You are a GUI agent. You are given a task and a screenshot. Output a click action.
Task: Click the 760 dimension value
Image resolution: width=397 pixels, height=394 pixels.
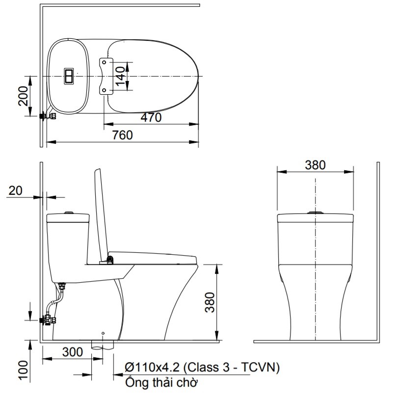coord(122,135)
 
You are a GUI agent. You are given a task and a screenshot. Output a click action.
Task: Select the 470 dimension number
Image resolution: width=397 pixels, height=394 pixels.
coord(151,118)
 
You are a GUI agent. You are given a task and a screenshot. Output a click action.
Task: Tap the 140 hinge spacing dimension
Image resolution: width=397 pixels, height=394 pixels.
coord(120,76)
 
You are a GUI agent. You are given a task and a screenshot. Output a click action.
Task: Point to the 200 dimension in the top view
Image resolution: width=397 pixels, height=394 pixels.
coord(24,96)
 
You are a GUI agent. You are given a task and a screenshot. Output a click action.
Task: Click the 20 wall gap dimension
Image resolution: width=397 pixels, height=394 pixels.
coord(15,191)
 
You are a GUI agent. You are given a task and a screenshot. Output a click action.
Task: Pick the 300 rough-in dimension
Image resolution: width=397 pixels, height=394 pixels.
coord(73,352)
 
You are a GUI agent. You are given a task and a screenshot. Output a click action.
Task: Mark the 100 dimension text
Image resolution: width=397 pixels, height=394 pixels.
coord(24,370)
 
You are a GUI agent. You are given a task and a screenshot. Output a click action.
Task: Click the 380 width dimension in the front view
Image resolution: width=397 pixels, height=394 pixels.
coord(315,165)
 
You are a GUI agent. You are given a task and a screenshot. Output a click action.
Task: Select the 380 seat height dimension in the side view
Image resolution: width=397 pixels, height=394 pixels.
coord(210,302)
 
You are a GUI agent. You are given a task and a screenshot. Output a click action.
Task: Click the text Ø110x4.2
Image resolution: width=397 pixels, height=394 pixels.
coord(152,367)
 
